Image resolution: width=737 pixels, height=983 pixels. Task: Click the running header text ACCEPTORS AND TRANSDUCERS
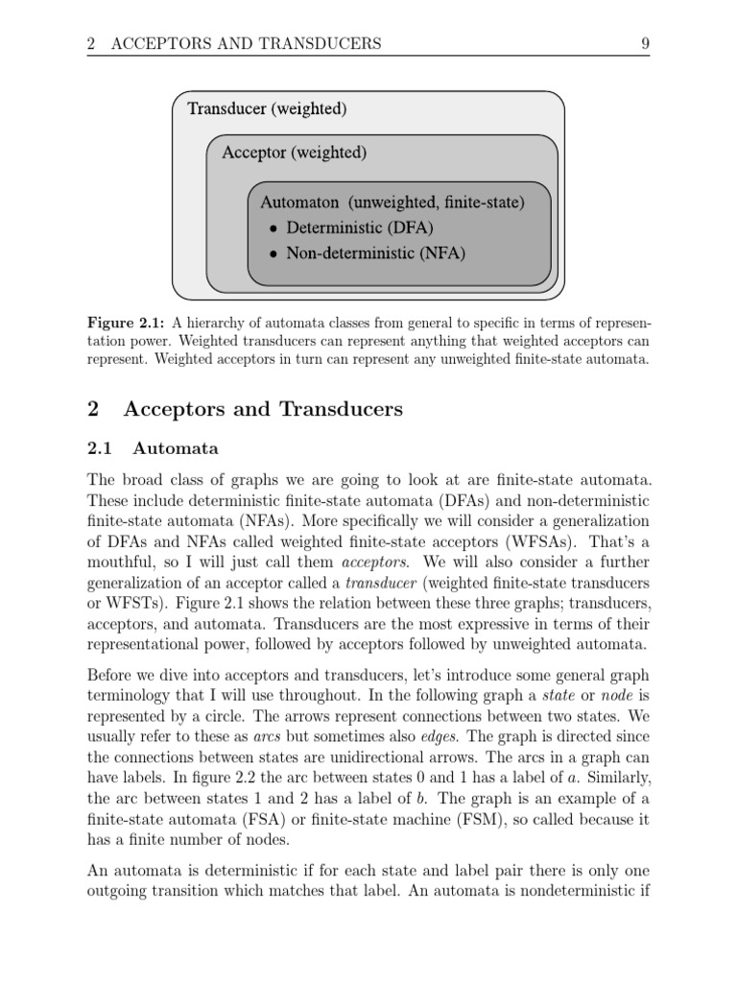click(246, 43)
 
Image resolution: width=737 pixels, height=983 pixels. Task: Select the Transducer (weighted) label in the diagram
click(267, 108)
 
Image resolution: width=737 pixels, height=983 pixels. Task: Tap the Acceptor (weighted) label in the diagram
click(294, 153)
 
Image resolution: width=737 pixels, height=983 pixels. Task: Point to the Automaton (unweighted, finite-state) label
click(392, 203)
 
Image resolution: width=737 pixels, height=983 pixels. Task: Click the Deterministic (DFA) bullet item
click(360, 228)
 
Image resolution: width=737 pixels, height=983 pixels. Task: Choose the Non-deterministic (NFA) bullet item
click(375, 254)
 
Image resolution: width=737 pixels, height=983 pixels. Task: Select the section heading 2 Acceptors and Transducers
click(245, 409)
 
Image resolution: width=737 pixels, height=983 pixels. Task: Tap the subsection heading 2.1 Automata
click(153, 448)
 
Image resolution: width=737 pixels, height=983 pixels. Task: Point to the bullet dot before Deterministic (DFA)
click(273, 229)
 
